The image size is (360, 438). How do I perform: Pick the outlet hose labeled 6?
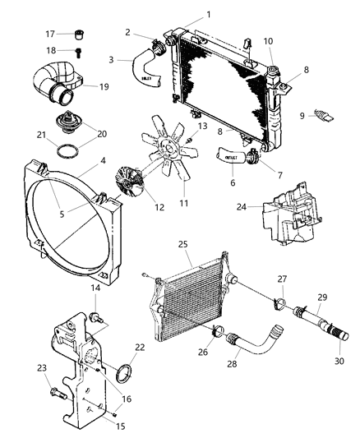click(x=232, y=154)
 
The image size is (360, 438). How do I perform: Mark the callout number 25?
click(x=183, y=245)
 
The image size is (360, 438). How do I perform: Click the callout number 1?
click(x=208, y=14)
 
